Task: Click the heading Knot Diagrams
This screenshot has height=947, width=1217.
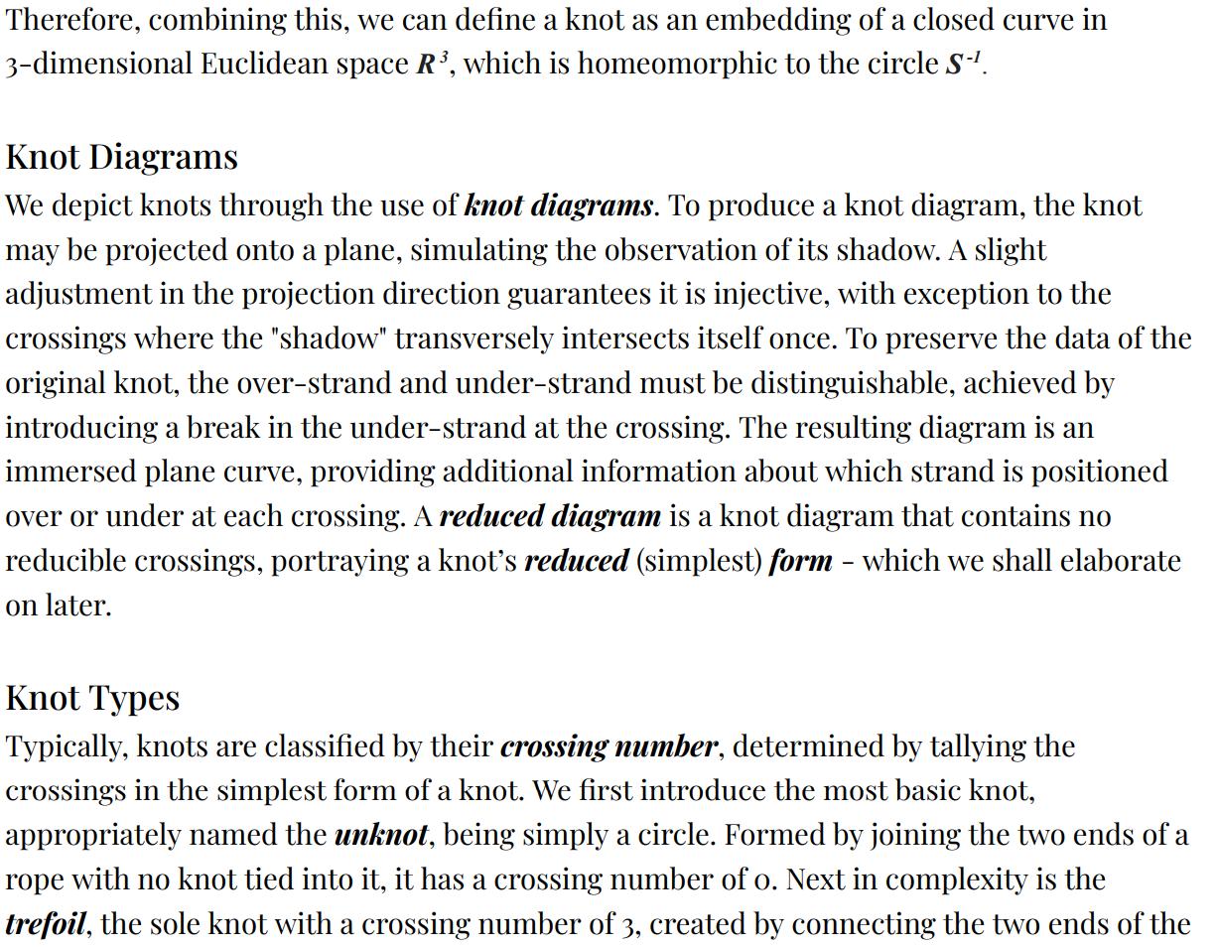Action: point(121,157)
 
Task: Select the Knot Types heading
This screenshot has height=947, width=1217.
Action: point(92,698)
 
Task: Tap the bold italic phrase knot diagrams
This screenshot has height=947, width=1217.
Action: point(559,205)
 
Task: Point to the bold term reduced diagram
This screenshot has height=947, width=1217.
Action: point(549,516)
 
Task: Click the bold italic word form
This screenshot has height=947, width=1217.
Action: point(800,561)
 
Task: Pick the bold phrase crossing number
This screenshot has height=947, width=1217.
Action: point(608,746)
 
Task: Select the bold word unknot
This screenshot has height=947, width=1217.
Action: point(381,835)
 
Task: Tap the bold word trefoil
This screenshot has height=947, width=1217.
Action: point(46,924)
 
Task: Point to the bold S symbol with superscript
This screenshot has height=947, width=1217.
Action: point(962,65)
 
